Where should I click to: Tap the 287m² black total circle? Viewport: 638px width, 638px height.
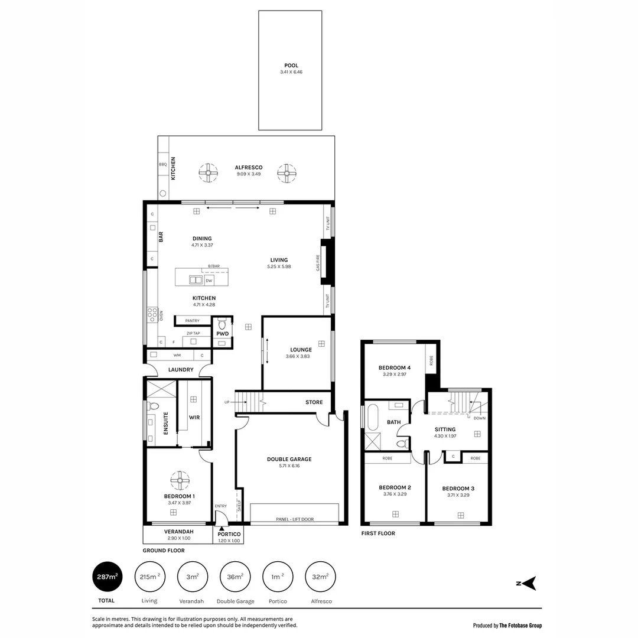[x=107, y=577]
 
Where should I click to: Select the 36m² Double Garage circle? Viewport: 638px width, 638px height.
[x=235, y=577]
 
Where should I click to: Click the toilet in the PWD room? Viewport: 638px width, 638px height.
[x=223, y=324]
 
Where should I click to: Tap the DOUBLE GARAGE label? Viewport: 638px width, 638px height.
[x=289, y=459]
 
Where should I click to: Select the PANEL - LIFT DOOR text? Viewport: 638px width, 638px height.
[x=295, y=519]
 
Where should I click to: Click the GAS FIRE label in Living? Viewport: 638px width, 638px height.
[x=318, y=262]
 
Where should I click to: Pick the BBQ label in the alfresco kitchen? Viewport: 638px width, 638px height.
[x=162, y=165]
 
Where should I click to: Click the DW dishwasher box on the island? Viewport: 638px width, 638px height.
[x=209, y=280]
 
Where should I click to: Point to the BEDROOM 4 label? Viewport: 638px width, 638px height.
[x=394, y=367]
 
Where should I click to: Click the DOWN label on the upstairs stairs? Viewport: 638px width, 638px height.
[x=479, y=418]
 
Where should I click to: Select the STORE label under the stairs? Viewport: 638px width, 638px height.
[x=314, y=402]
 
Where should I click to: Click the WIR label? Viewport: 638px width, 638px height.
[x=194, y=417]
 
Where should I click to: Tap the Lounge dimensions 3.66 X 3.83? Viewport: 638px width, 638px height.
[x=298, y=356]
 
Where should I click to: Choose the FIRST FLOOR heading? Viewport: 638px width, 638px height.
[x=377, y=533]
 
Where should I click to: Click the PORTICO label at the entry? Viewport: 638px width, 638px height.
[x=227, y=534]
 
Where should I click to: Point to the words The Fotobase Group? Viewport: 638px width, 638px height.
[x=520, y=626]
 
